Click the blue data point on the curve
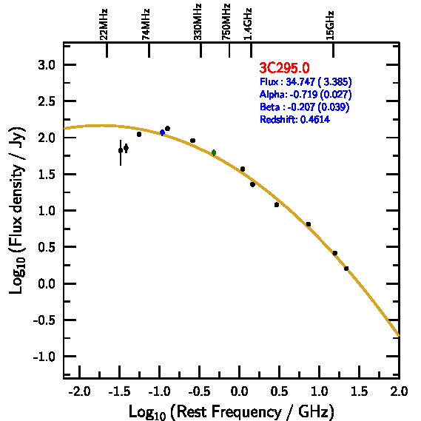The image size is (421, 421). click(162, 132)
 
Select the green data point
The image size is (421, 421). click(214, 152)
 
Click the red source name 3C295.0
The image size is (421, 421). click(284, 67)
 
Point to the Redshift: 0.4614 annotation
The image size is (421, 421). click(294, 119)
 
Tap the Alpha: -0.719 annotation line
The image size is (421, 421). click(306, 95)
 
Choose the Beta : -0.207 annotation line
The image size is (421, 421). click(305, 107)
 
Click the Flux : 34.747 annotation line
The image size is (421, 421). click(306, 82)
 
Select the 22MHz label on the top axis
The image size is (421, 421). click(104, 24)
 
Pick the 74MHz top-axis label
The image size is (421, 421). click(146, 24)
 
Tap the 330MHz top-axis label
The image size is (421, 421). click(198, 22)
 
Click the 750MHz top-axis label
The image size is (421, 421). click(226, 22)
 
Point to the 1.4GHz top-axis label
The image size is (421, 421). click(248, 24)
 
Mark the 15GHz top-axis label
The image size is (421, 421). click(330, 25)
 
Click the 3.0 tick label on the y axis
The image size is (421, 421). click(47, 65)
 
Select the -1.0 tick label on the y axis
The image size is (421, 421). click(44, 357)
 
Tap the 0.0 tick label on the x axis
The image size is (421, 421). click(239, 391)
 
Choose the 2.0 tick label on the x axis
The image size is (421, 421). click(399, 391)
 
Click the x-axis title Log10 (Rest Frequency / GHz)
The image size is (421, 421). click(232, 412)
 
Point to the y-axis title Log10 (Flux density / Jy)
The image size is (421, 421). click(17, 210)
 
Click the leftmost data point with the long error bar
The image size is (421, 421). click(121, 151)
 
